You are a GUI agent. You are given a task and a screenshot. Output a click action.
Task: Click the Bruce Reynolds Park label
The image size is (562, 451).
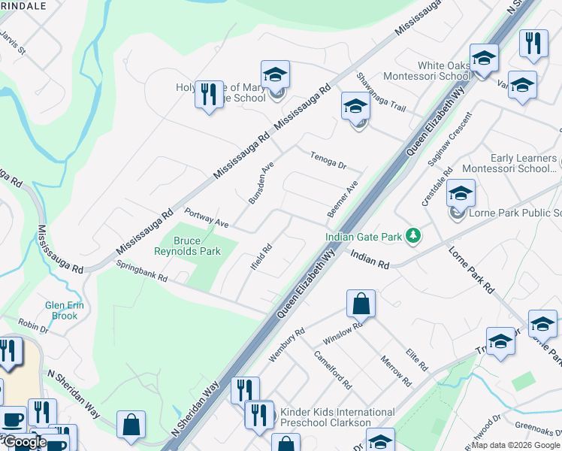tap(188, 246)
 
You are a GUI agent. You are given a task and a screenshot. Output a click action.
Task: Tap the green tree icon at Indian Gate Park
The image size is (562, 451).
tap(412, 236)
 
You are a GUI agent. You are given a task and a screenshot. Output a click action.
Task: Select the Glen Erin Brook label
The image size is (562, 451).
tap(65, 310)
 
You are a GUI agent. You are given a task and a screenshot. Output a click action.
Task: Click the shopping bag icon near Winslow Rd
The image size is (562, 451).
tap(361, 304)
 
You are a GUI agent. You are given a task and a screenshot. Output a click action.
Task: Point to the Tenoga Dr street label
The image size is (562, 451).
tap(328, 160)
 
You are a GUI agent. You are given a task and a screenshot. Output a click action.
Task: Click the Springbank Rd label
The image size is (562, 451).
tap(141, 271)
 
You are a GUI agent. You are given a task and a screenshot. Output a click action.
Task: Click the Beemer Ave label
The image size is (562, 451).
tap(342, 199)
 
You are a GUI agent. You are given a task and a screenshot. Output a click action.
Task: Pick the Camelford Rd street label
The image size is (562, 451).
tap(333, 370)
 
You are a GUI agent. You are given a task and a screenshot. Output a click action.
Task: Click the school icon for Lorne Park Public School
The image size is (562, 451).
tap(461, 193)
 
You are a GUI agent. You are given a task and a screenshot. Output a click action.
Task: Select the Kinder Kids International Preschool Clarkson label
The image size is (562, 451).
tap(337, 417)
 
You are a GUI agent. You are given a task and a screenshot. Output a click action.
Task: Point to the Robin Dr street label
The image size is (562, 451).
tap(33, 325)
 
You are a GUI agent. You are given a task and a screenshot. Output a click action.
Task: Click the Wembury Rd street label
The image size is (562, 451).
tap(287, 344)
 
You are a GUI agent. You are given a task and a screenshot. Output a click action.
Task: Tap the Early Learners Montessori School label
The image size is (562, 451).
tap(521, 163)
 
